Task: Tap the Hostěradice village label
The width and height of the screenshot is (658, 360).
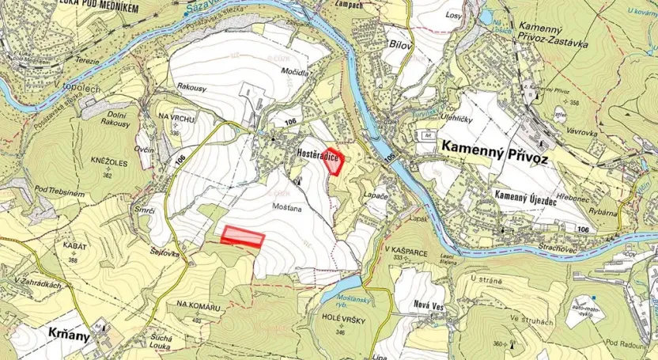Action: point(308,159)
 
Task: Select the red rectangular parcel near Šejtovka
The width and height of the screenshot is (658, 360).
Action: point(242,237)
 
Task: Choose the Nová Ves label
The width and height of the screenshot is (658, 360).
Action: point(431,304)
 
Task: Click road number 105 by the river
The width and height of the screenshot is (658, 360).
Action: point(390,159)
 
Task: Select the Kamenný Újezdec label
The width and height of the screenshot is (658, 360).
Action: point(522,195)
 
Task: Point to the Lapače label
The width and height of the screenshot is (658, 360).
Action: point(376,195)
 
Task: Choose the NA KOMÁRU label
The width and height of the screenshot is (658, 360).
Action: point(196,304)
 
